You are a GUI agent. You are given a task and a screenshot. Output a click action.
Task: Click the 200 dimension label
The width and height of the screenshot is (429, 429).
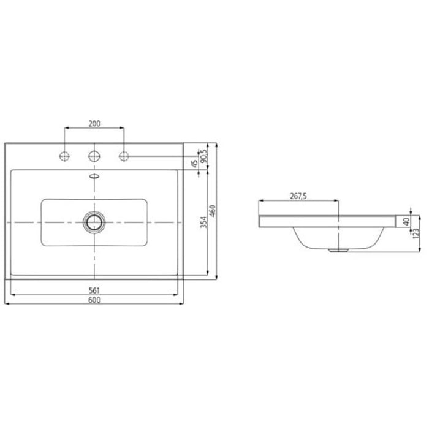coord(94,123)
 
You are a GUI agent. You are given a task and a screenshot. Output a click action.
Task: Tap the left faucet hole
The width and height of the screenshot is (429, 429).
coord(65,156)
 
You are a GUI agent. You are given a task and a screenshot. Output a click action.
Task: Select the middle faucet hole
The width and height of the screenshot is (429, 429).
coord(94,156)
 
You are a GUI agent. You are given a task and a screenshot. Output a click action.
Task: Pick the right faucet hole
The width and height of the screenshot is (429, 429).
coord(124,156)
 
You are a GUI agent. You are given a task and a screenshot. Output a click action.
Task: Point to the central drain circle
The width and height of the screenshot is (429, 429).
coord(94,221)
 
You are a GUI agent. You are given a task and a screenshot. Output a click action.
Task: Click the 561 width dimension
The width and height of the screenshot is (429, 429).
coord(94,290)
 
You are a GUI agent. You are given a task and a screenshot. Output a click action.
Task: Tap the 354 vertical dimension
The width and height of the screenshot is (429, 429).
coord(204,222)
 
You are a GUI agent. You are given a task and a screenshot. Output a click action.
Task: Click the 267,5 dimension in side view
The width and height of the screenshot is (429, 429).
coord(298,196)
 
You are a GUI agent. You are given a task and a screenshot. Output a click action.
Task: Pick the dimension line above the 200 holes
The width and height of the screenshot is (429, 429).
coord(94,128)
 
